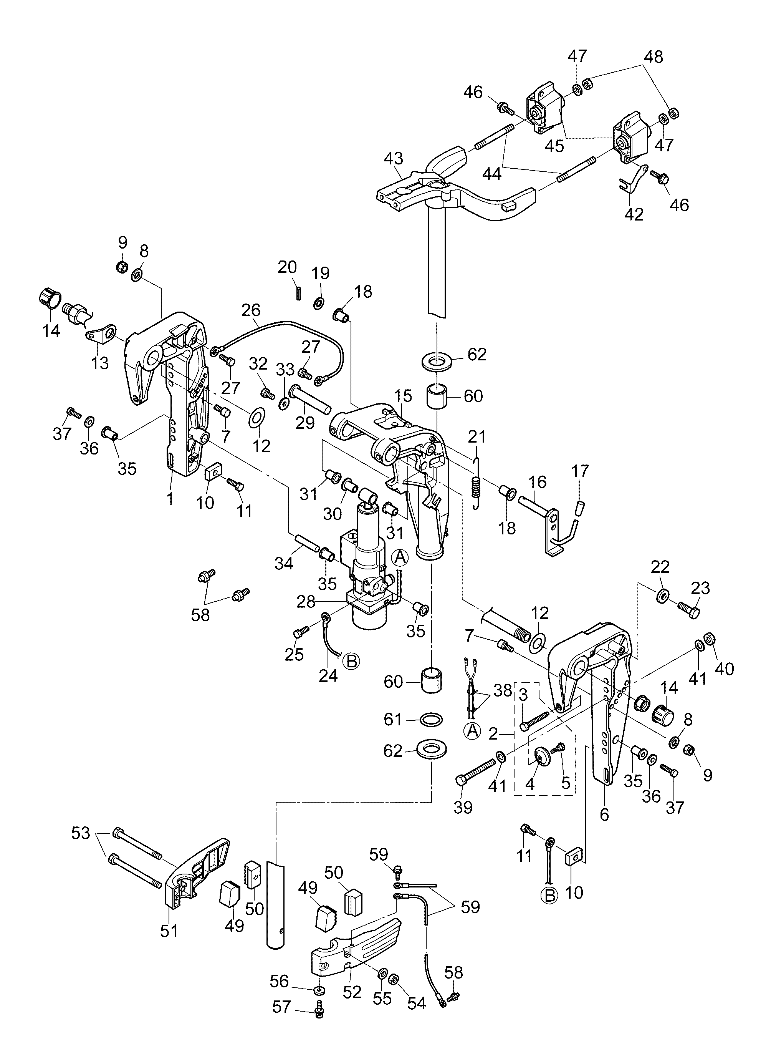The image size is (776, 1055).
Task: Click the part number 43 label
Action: (393, 158)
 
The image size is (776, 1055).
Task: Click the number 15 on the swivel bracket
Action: (403, 396)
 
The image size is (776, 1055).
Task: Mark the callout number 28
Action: (306, 602)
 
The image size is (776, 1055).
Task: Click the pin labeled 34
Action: (306, 544)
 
